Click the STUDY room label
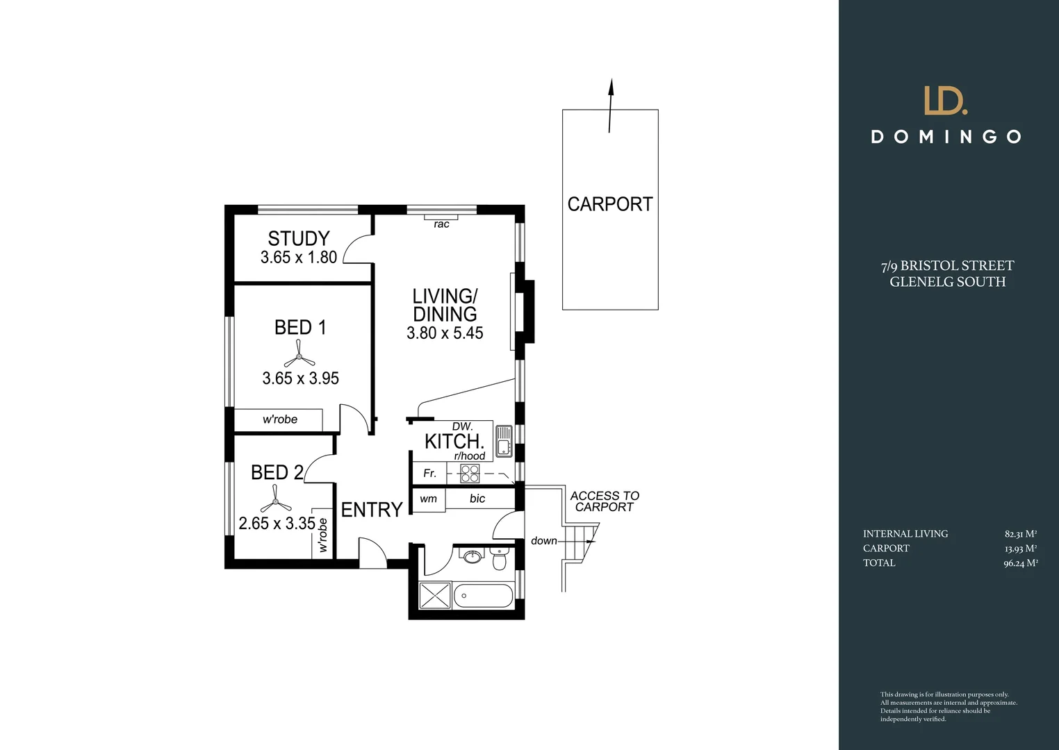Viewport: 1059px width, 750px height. [x=299, y=239]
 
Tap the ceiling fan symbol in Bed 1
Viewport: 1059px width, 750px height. [x=299, y=359]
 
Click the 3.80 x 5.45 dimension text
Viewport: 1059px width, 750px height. [x=445, y=333]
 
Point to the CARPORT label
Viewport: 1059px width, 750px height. [x=610, y=204]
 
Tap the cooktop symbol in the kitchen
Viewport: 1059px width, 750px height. [x=470, y=474]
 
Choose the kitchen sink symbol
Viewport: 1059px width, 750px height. [x=503, y=441]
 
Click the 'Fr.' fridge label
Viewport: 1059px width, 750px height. [x=430, y=474]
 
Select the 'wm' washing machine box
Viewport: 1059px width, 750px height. [x=429, y=499]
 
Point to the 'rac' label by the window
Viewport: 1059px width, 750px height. [x=441, y=224]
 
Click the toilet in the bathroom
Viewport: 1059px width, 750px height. [x=499, y=558]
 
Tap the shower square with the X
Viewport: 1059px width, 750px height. [x=436, y=596]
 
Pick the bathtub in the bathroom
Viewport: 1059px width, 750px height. [x=483, y=596]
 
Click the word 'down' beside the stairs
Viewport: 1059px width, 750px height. [x=543, y=541]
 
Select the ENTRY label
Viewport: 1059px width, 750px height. [x=372, y=510]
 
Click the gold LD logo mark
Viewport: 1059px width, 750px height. [x=946, y=101]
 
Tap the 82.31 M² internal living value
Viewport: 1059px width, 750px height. [x=1020, y=534]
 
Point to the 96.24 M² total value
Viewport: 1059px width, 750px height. [x=1020, y=563]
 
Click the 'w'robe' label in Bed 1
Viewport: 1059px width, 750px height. [x=280, y=419]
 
